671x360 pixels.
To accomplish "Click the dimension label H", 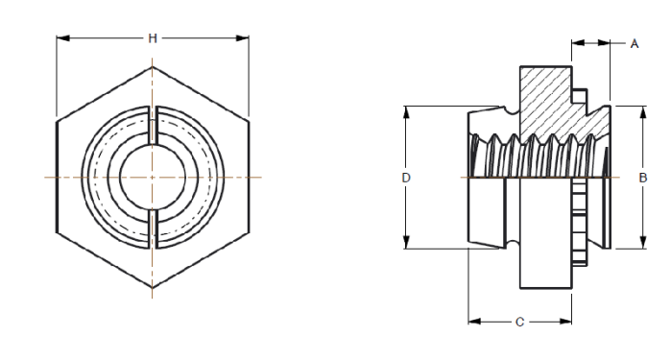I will tap(153, 38).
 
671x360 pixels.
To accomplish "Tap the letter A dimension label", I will tap(635, 44).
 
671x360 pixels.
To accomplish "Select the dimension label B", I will tap(642, 178).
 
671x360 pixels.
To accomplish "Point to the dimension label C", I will tap(519, 323).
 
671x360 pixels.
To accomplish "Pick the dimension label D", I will tap(407, 178).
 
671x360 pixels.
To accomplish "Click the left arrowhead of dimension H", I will tap(61, 38).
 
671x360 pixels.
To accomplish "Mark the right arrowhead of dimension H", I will tap(244, 38).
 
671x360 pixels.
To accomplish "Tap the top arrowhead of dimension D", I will tap(407, 110).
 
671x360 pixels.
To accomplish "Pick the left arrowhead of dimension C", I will tap(473, 323).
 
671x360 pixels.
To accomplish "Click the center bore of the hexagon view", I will tap(153, 179).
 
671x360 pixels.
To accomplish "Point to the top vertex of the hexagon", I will tap(153, 67).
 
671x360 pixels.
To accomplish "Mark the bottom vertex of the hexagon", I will tap(153, 289).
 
